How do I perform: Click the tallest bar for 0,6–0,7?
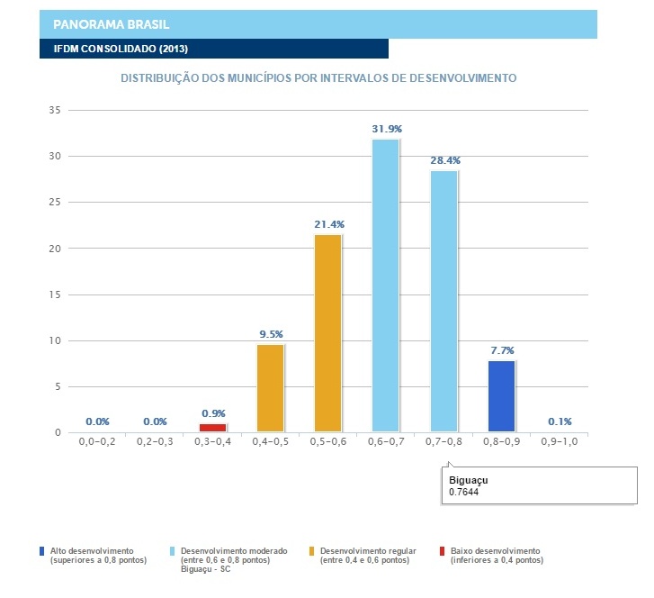tap(386, 285)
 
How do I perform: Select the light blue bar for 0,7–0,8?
tap(443, 301)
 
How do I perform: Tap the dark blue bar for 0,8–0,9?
tap(501, 396)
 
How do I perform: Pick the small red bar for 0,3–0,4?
tap(212, 428)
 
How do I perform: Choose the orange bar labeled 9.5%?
tap(270, 388)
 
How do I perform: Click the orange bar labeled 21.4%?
tap(327, 333)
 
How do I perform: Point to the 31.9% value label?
tap(387, 130)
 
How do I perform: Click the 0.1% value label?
tap(560, 421)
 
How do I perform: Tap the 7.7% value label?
tap(502, 350)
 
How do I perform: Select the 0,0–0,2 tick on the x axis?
tap(97, 444)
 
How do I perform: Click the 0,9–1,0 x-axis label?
tap(560, 444)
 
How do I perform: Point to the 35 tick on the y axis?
tap(53, 111)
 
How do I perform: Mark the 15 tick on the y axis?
tap(53, 294)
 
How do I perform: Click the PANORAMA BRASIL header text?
tap(112, 23)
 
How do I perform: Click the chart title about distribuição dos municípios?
tap(318, 78)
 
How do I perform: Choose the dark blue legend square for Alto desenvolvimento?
tap(42, 550)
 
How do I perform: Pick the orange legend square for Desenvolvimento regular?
tap(310, 550)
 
